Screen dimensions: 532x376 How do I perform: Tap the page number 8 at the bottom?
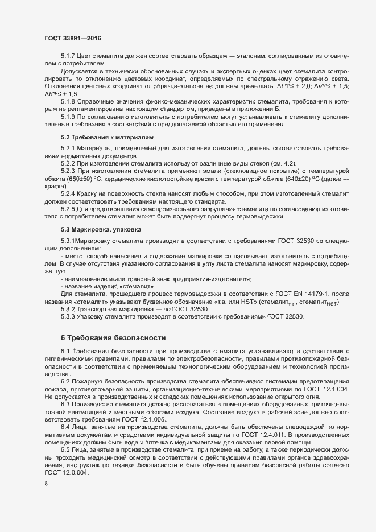click(46, 485)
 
